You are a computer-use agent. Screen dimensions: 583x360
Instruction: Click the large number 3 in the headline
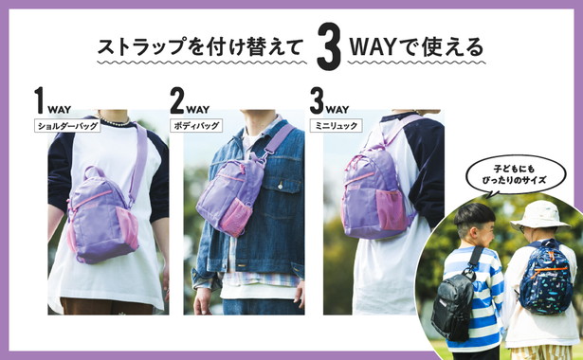point(329,46)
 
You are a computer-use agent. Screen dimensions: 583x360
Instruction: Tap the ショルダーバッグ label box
point(67,126)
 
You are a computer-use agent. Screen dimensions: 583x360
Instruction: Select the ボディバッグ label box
point(196,126)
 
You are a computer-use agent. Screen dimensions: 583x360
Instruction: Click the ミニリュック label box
point(337,126)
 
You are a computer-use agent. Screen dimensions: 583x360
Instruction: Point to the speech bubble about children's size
point(515,174)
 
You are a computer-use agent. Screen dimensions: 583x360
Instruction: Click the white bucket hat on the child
point(540,215)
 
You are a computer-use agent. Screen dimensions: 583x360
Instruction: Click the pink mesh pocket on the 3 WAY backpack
point(391,209)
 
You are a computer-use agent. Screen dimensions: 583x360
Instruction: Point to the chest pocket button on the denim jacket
point(280,184)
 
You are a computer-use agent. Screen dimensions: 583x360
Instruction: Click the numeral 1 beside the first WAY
point(40,99)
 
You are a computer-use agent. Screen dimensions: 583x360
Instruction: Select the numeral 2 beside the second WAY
point(177,99)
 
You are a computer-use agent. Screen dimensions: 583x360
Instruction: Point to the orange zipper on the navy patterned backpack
point(550,270)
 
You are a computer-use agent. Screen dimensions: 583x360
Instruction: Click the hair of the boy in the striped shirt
point(475,217)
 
